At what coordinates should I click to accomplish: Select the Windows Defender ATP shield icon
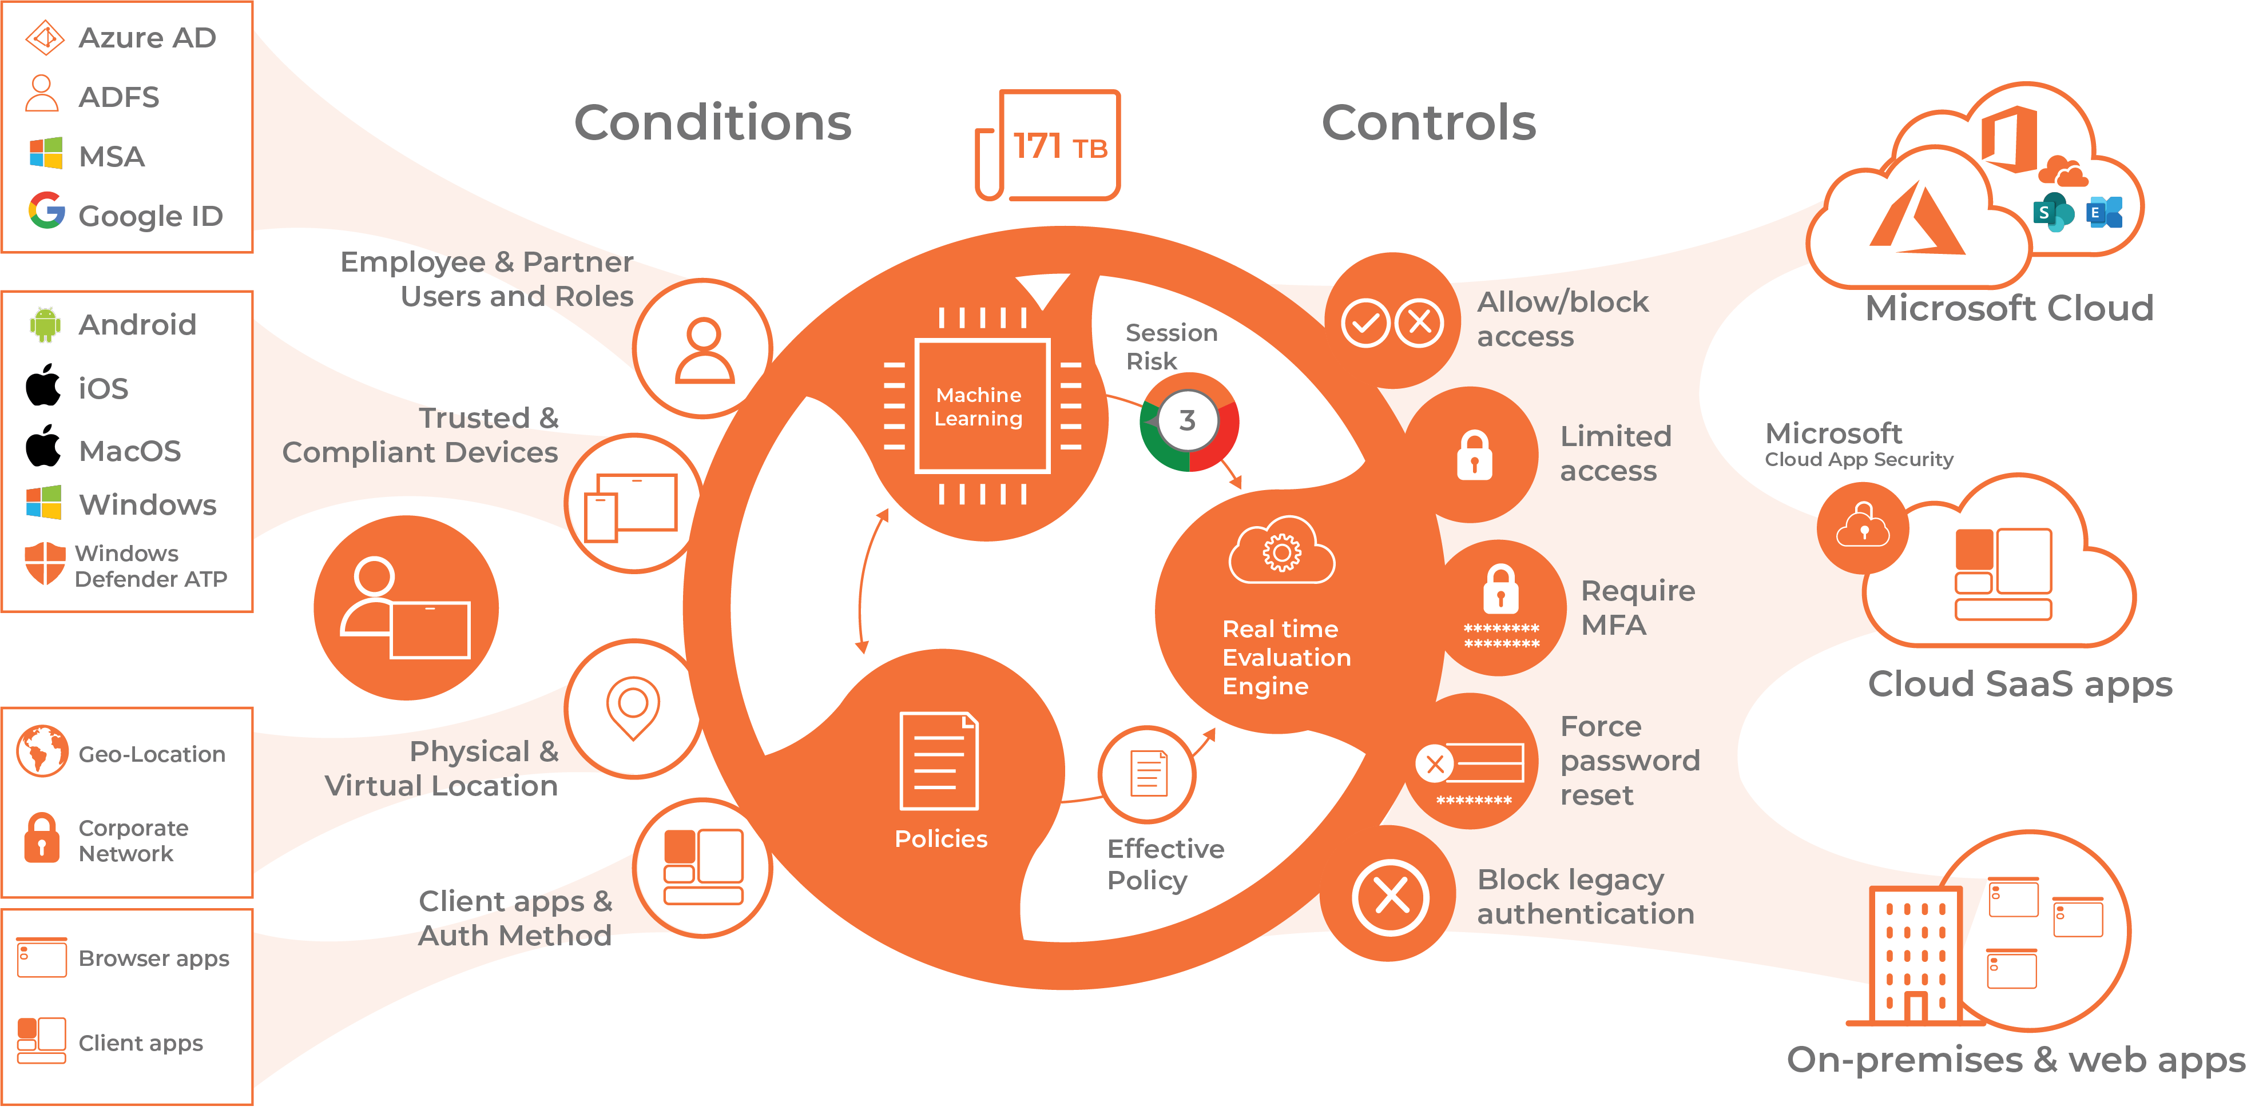click(45, 563)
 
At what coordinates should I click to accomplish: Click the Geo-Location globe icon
click(41, 750)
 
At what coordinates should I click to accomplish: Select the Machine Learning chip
click(981, 406)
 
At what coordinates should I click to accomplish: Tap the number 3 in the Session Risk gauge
click(1186, 421)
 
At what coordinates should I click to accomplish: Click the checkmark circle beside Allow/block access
click(1365, 323)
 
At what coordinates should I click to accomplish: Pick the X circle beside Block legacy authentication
click(1390, 897)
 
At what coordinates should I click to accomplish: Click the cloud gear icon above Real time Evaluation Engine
click(1281, 551)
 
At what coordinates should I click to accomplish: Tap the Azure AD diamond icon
click(45, 38)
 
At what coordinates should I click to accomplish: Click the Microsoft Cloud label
click(2009, 308)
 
